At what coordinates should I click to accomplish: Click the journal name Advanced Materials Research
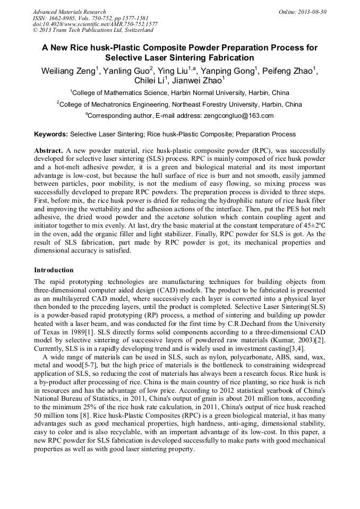[x=69, y=12]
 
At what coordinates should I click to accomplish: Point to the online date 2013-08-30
[x=312, y=12]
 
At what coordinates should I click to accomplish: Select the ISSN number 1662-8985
[x=63, y=18]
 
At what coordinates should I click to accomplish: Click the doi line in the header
[x=95, y=24]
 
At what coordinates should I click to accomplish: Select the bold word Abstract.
[x=48, y=151]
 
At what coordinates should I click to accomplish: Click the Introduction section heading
[x=54, y=270]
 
